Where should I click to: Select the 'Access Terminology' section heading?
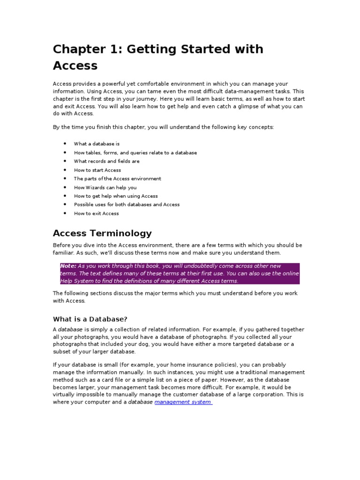tap(102, 233)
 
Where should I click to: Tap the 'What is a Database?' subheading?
tap(90, 319)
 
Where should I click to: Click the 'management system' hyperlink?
tap(183, 402)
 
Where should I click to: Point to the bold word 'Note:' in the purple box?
tap(68, 266)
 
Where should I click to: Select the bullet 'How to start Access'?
tap(97, 170)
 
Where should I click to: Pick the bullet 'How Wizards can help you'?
tap(105, 187)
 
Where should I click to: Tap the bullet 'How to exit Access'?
tap(96, 214)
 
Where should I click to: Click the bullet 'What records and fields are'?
tap(106, 161)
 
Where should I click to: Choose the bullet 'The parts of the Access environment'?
tap(117, 179)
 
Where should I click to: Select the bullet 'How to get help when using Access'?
tap(115, 196)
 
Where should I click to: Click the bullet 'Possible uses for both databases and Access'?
tap(127, 205)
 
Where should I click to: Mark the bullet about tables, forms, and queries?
tap(135, 153)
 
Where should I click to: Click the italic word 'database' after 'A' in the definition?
tap(70, 330)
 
